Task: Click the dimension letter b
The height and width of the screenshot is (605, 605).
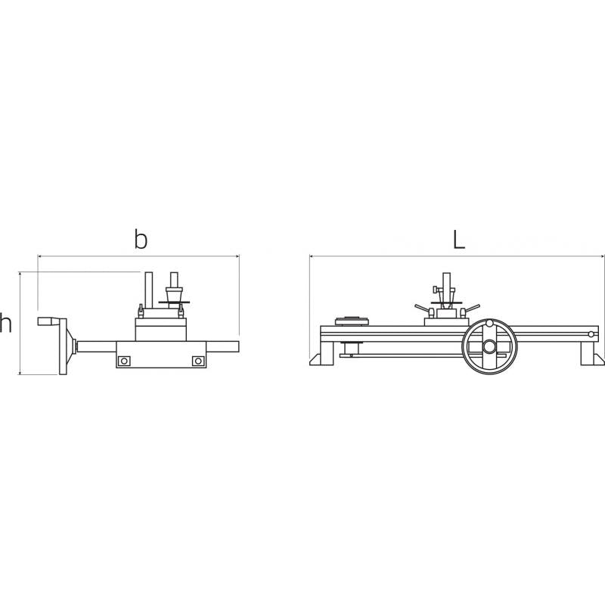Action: click(x=141, y=239)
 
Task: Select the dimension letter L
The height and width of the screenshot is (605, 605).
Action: click(x=458, y=239)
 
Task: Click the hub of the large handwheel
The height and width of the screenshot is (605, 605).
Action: click(x=489, y=346)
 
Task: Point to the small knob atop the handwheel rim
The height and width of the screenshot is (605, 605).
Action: click(x=489, y=324)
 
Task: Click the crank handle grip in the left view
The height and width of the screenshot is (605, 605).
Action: click(x=47, y=321)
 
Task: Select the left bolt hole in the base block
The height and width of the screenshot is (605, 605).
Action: click(x=124, y=361)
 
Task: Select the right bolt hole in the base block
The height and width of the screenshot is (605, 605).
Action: click(x=197, y=361)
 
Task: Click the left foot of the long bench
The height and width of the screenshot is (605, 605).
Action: click(x=322, y=353)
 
